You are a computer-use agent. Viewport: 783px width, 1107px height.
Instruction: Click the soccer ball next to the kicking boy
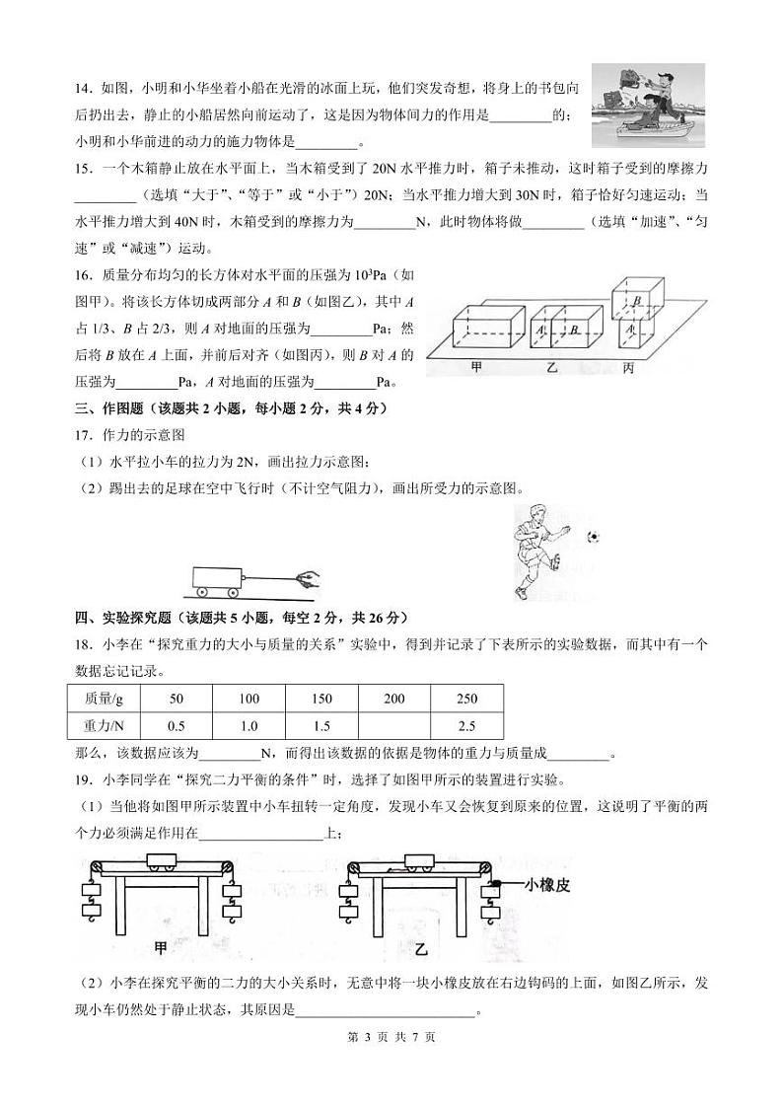pyautogui.click(x=593, y=538)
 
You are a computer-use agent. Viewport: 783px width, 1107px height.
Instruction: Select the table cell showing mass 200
pyautogui.click(x=393, y=699)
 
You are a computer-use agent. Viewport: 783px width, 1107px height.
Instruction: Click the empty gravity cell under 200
pyautogui.click(x=393, y=726)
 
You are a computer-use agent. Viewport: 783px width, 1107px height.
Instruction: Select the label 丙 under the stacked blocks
pyautogui.click(x=628, y=368)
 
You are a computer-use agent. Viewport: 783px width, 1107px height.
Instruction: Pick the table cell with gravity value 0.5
pyautogui.click(x=178, y=726)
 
